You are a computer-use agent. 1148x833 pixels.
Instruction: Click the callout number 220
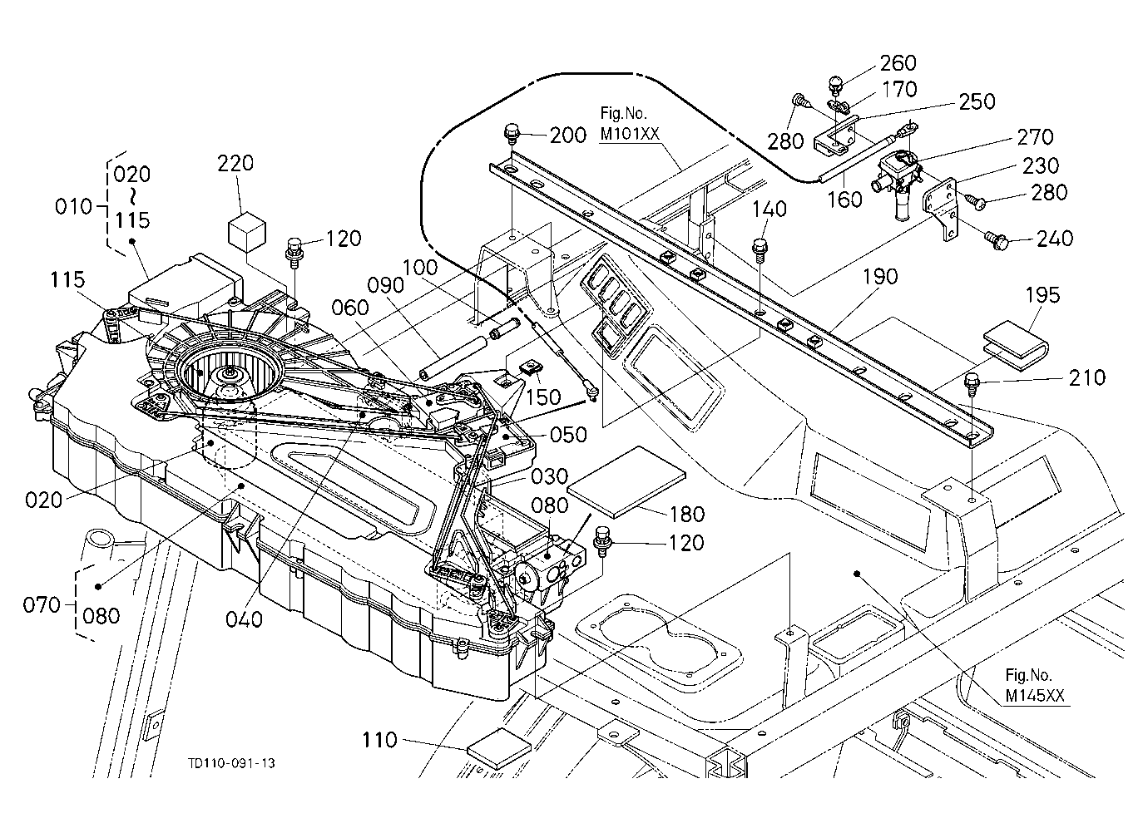click(235, 164)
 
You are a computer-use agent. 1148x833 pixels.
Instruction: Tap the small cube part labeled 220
click(246, 232)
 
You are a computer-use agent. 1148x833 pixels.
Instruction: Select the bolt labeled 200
click(512, 135)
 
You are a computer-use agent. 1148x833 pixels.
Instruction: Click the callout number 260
click(898, 63)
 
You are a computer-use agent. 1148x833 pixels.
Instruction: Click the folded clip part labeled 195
click(1015, 345)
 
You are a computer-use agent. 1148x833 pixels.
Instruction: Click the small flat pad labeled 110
click(498, 748)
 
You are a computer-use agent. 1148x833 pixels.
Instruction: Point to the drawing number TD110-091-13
click(231, 763)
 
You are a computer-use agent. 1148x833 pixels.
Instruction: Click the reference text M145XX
click(1035, 695)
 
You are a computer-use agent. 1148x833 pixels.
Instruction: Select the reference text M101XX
click(630, 134)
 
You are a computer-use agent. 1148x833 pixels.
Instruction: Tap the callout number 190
click(880, 277)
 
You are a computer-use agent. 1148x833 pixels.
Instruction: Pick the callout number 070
click(42, 605)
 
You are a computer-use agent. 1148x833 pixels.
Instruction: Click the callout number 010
click(74, 207)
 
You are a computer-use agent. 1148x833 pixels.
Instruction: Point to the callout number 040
click(244, 620)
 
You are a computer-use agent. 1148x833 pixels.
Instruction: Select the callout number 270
click(1035, 137)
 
